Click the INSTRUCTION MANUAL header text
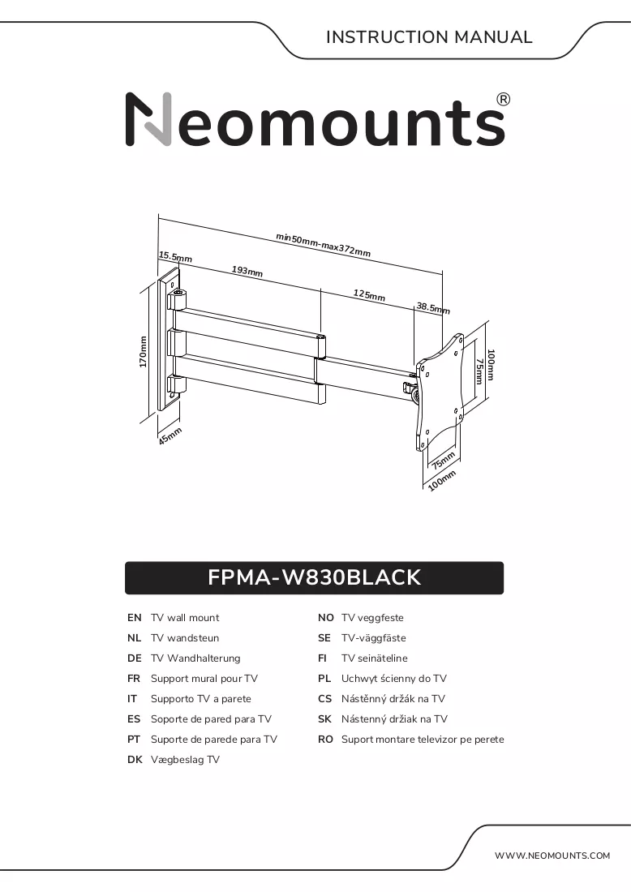[429, 37]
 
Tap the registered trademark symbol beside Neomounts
[504, 100]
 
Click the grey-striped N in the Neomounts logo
[148, 119]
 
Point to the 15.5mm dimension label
[175, 257]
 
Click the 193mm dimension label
[247, 271]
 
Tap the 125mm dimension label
[369, 294]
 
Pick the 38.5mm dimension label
[433, 308]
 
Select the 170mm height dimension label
[144, 352]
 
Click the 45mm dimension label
[170, 436]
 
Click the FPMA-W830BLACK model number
[314, 577]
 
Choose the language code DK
[135, 760]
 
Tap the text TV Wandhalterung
[195, 658]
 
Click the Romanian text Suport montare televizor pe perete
[423, 740]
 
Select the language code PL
[325, 679]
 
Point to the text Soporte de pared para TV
[211, 719]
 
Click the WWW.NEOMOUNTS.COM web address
[552, 856]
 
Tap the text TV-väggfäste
[374, 637]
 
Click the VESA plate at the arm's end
[440, 392]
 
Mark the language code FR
[134, 679]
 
